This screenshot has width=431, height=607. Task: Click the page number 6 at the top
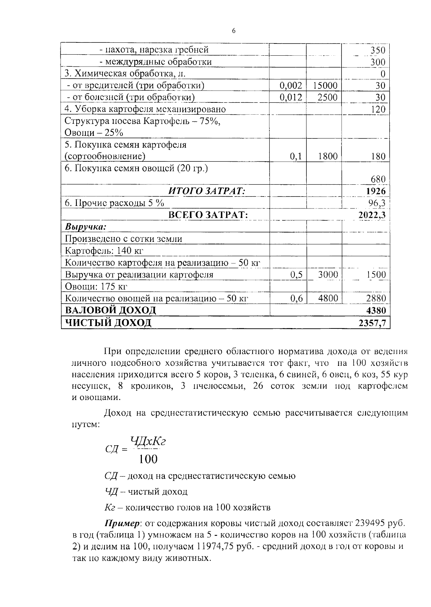233,31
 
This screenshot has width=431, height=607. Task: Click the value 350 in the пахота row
378,50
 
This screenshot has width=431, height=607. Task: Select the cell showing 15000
325,86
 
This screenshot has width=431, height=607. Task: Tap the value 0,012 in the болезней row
291,97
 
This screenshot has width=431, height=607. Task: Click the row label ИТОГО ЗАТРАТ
207,191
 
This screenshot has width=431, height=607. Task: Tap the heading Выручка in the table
85,227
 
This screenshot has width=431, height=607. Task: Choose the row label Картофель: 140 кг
105,250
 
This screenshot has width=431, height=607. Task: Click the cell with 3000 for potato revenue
328,275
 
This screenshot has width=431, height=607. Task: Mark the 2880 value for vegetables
376,298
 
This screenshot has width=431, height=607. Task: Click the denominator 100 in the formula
148,459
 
